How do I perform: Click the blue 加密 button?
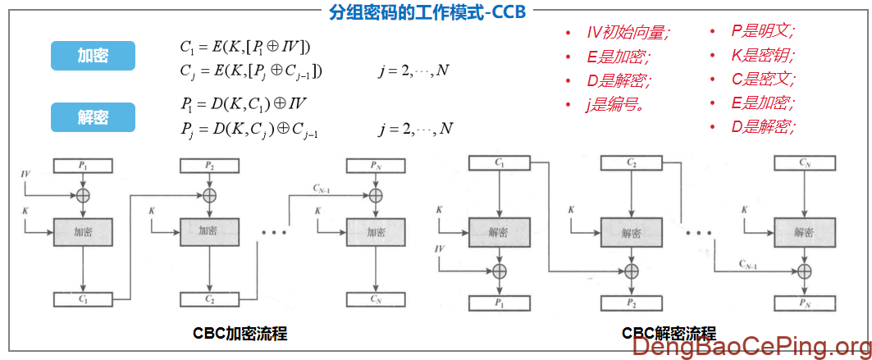click(x=93, y=56)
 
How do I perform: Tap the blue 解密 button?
click(x=93, y=117)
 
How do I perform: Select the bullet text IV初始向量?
click(x=628, y=33)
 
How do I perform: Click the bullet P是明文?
click(x=763, y=32)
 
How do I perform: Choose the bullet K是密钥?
click(x=763, y=56)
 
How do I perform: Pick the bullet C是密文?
click(x=763, y=80)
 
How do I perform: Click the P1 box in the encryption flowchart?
click(x=82, y=166)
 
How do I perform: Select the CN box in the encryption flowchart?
click(x=376, y=298)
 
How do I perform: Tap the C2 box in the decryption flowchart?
click(x=631, y=164)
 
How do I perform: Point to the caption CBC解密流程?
click(x=669, y=334)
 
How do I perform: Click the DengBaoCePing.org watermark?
click(x=751, y=348)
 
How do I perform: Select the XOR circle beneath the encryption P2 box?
click(x=210, y=195)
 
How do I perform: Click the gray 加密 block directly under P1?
click(x=82, y=231)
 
